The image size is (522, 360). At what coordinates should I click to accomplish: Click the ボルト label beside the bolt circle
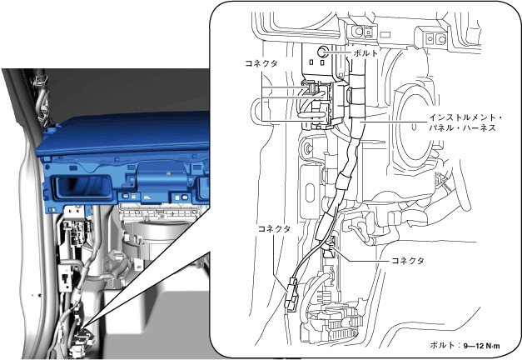tap(365, 53)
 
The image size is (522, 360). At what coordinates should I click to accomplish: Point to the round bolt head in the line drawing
tap(322, 52)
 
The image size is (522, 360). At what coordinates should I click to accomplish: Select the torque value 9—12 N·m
tap(481, 346)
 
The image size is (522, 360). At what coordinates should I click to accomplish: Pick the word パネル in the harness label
tap(441, 127)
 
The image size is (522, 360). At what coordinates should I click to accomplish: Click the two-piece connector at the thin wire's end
tap(291, 295)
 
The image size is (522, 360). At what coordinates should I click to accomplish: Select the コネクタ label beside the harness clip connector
tap(407, 260)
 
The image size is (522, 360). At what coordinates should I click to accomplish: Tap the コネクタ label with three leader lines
tap(261, 63)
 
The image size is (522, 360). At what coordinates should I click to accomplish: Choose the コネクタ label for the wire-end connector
tap(274, 228)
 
